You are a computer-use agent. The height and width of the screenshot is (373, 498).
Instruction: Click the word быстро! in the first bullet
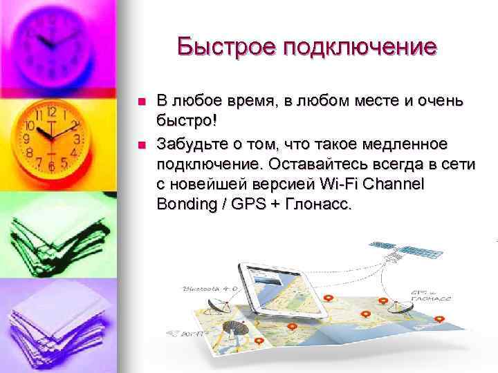pos(186,122)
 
